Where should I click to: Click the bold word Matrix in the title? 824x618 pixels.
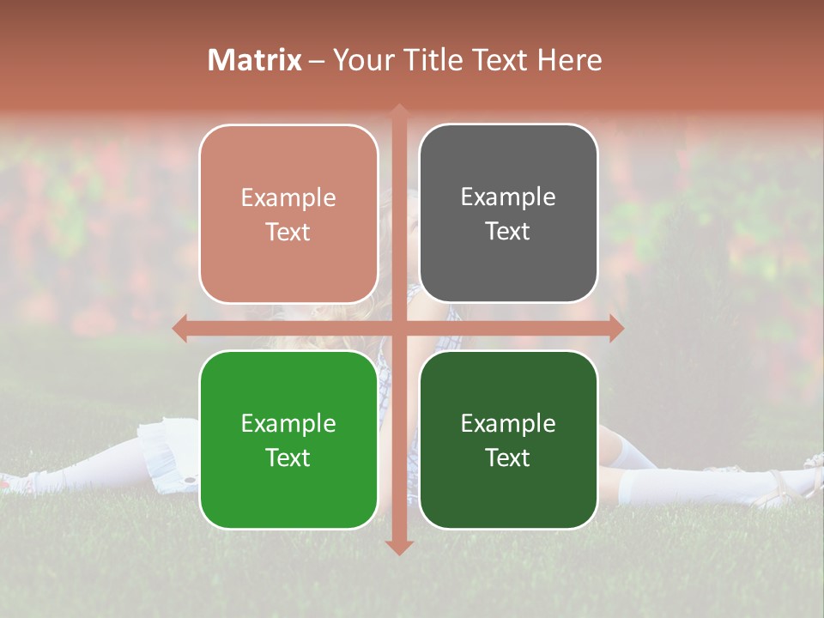255,60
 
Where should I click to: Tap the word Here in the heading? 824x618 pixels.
569,60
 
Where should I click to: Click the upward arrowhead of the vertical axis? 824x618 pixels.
399,111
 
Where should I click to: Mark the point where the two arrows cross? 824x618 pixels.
399,328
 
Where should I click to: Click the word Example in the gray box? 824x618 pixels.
508,197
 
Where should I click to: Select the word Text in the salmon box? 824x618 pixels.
288,233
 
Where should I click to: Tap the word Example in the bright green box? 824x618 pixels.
288,423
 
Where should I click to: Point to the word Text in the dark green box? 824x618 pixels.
508,457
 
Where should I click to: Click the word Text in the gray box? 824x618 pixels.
508,232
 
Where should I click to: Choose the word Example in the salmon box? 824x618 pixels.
288,198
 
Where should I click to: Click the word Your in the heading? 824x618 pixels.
360,60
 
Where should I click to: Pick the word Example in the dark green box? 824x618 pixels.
508,423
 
